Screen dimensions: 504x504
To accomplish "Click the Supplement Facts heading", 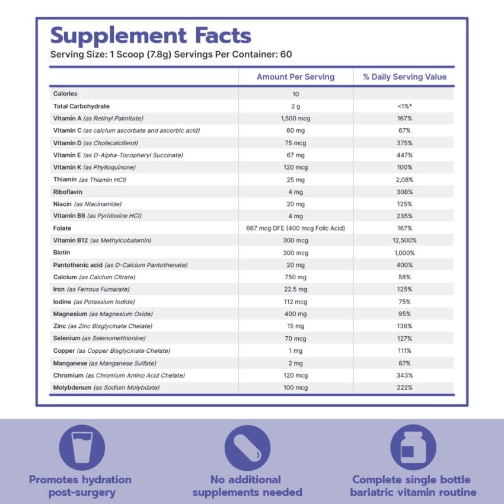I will tap(151, 36).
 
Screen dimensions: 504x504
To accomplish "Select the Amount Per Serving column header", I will tap(295, 77).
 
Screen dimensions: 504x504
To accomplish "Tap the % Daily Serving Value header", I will tap(405, 77).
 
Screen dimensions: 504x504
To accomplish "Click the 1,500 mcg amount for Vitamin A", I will tap(295, 119).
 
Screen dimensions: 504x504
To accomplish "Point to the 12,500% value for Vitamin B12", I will tap(405, 240).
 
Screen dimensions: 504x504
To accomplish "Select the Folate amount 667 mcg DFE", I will tap(295, 228).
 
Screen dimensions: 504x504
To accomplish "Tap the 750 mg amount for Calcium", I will tap(295, 277).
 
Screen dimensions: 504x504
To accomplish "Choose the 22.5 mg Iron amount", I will tap(295, 289).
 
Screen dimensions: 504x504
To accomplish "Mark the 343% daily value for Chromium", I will tap(405, 375).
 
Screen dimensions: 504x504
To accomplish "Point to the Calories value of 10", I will tap(295, 94).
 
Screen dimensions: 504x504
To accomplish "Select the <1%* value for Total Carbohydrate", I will tap(405, 106).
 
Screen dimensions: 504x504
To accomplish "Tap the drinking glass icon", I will tap(82, 448).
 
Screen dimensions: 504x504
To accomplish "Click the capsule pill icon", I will tap(247, 448).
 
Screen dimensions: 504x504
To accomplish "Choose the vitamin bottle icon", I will tap(413, 448).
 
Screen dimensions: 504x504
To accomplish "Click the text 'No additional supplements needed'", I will tap(247, 486).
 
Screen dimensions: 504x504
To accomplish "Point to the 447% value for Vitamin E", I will tap(405, 155).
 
